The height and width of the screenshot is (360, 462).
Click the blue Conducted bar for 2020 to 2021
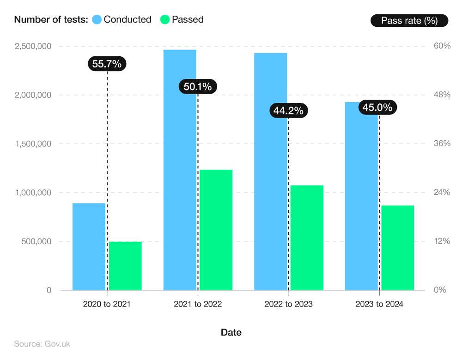(89, 246)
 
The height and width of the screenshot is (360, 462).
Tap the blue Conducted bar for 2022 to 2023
(270, 171)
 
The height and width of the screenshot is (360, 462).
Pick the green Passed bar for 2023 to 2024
(397, 247)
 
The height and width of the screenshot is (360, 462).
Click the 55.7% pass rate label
(107, 64)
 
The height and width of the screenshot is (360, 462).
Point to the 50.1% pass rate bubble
(198, 86)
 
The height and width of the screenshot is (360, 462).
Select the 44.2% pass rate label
(288, 111)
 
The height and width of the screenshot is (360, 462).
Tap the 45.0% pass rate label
(377, 108)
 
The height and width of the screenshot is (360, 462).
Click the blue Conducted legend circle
(97, 19)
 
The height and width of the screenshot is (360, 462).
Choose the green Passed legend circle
(165, 19)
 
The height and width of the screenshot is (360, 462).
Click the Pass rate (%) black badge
(409, 20)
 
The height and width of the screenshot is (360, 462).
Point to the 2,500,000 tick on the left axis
(33, 46)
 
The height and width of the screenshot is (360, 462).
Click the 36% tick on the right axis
(442, 144)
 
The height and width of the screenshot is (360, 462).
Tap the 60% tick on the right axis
(442, 46)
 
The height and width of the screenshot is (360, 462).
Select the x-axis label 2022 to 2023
(288, 304)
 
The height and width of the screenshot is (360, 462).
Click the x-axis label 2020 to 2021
(107, 304)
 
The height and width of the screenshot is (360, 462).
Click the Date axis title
(231, 332)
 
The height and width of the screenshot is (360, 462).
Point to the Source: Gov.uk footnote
(42, 344)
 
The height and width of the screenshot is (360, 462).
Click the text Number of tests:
(51, 19)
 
